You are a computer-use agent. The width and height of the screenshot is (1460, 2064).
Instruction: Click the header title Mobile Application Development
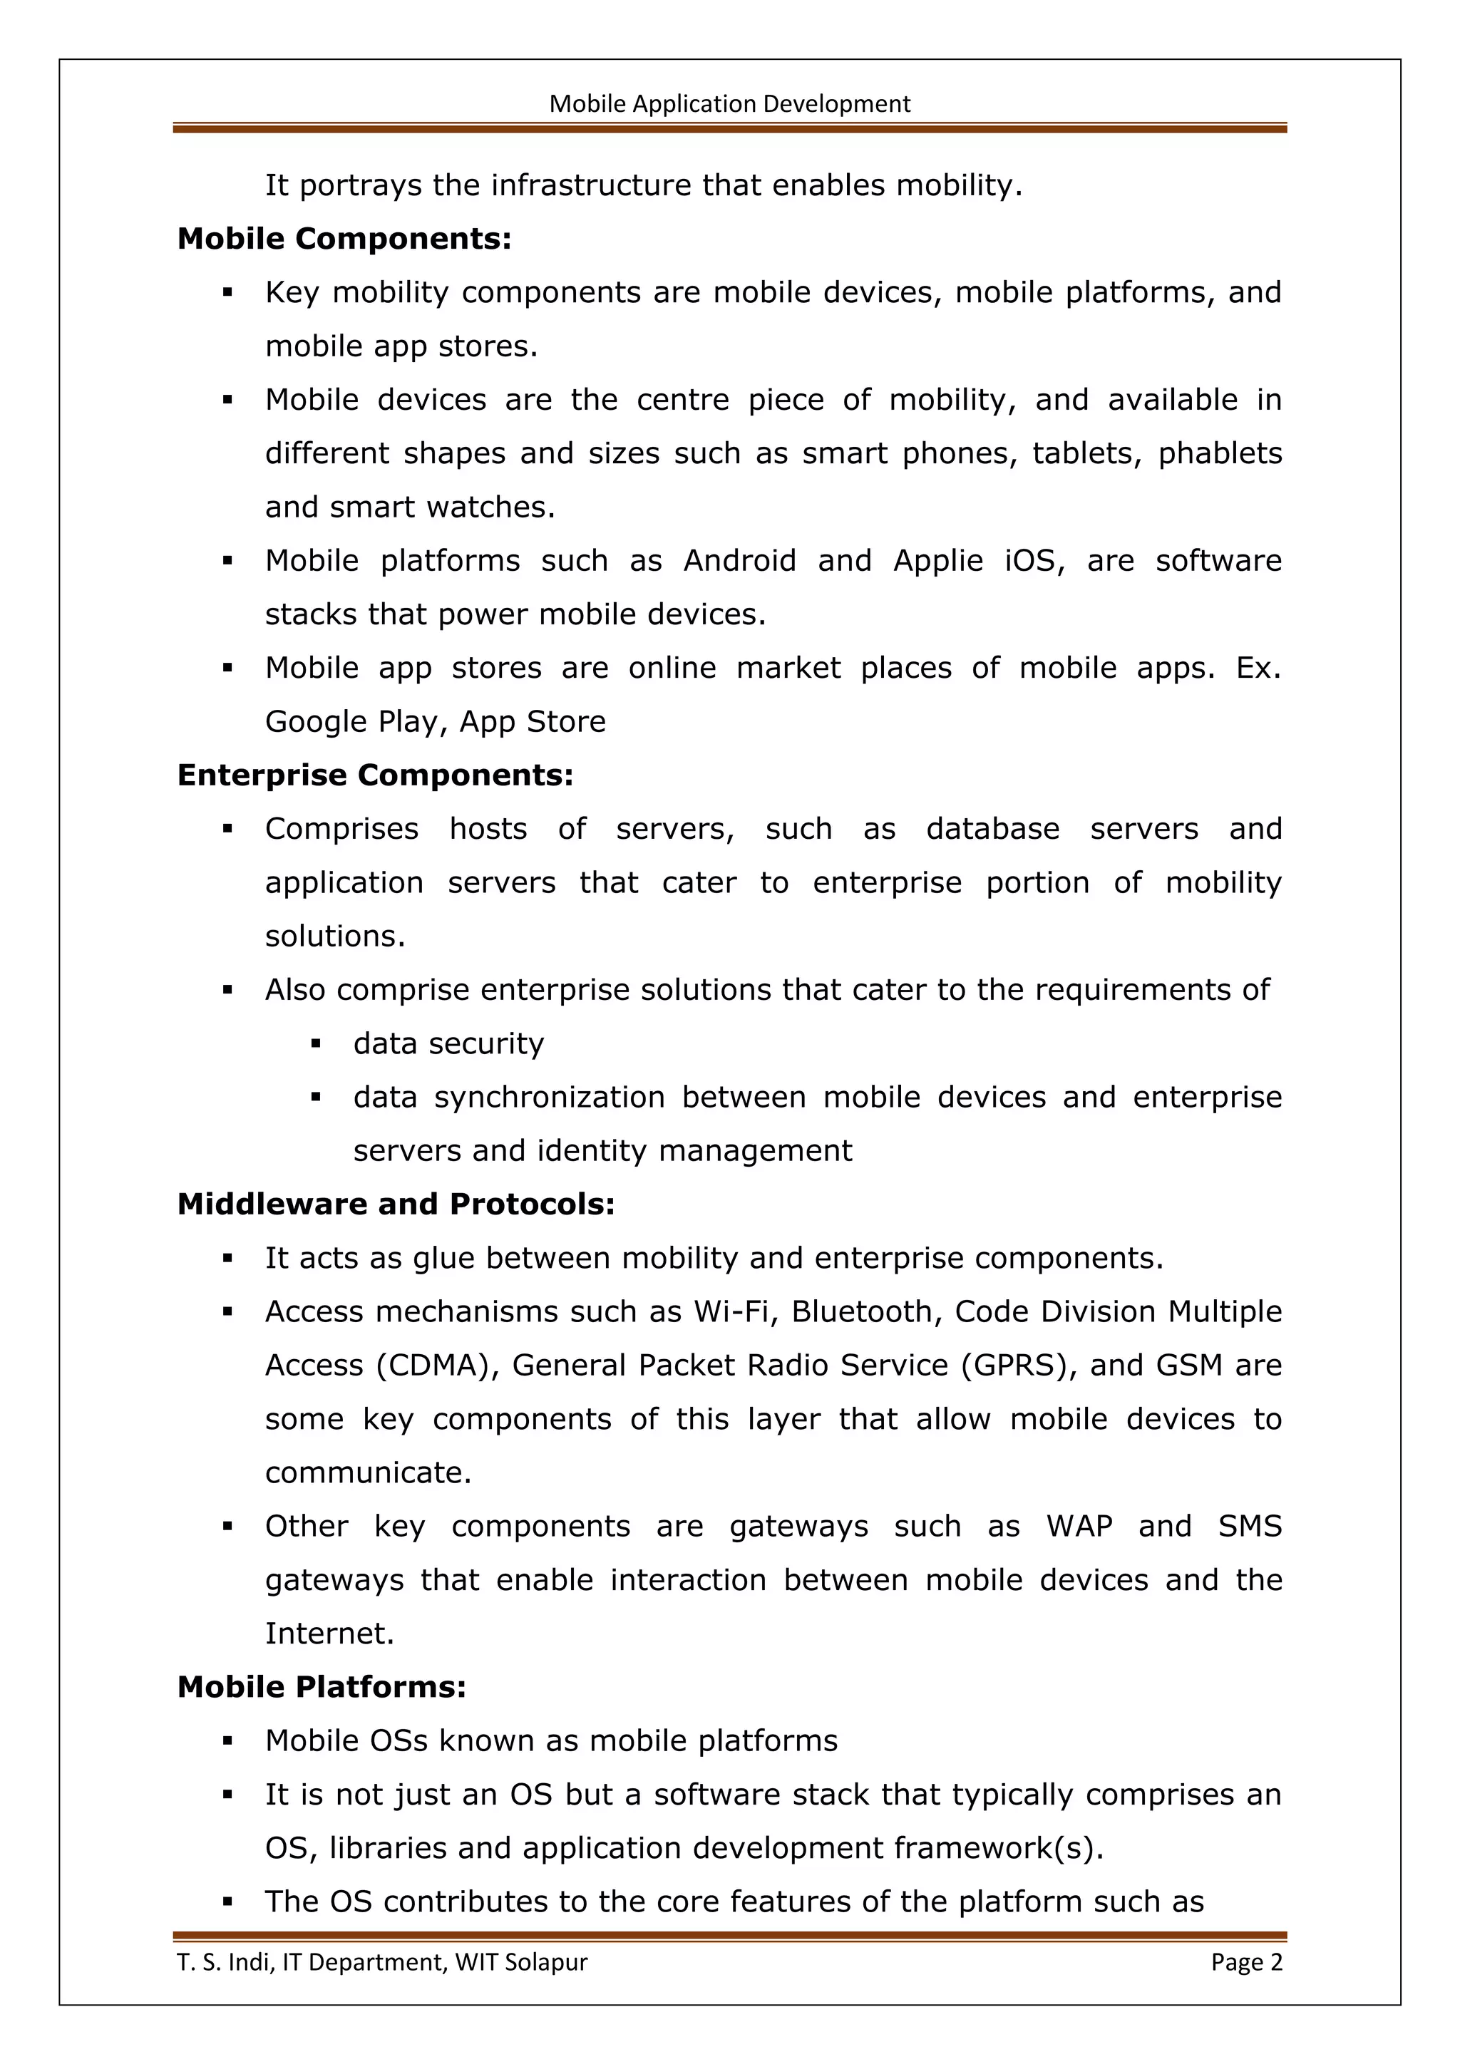(729, 104)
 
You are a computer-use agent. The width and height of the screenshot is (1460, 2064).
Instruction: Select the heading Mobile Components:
(344, 239)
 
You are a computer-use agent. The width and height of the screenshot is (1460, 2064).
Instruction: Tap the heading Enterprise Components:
(375, 775)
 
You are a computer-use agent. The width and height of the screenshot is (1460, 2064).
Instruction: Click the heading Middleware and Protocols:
(396, 1204)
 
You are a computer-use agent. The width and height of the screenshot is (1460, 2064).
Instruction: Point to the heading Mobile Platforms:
(322, 1686)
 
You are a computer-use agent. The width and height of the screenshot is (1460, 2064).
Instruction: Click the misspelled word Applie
(939, 561)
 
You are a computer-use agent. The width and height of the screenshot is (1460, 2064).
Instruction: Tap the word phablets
(1219, 453)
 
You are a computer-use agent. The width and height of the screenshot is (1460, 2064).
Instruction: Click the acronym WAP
(1079, 1527)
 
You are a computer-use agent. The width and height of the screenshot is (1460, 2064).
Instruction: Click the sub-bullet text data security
(448, 1043)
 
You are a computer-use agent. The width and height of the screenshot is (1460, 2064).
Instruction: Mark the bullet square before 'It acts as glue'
(227, 1259)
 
